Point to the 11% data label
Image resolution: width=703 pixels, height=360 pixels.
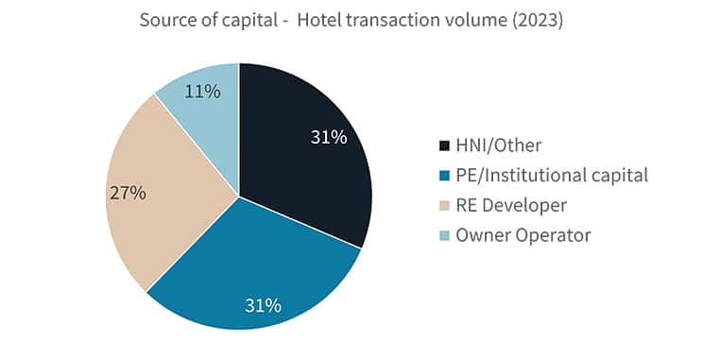pyautogui.click(x=203, y=92)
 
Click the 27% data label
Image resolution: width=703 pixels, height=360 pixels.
pyautogui.click(x=128, y=193)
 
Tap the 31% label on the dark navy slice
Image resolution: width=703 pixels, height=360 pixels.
pyautogui.click(x=329, y=137)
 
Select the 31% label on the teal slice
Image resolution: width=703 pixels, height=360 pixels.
pyautogui.click(x=263, y=305)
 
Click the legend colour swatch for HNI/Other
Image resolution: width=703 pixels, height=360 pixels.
pyautogui.click(x=444, y=146)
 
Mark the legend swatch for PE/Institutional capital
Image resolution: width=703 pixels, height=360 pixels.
pyautogui.click(x=444, y=175)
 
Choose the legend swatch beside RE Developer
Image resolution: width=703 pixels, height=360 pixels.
pyautogui.click(x=444, y=205)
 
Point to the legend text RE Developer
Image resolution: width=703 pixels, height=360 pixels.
pyautogui.click(x=512, y=205)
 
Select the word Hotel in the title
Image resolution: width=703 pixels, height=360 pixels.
pyautogui.click(x=320, y=21)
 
